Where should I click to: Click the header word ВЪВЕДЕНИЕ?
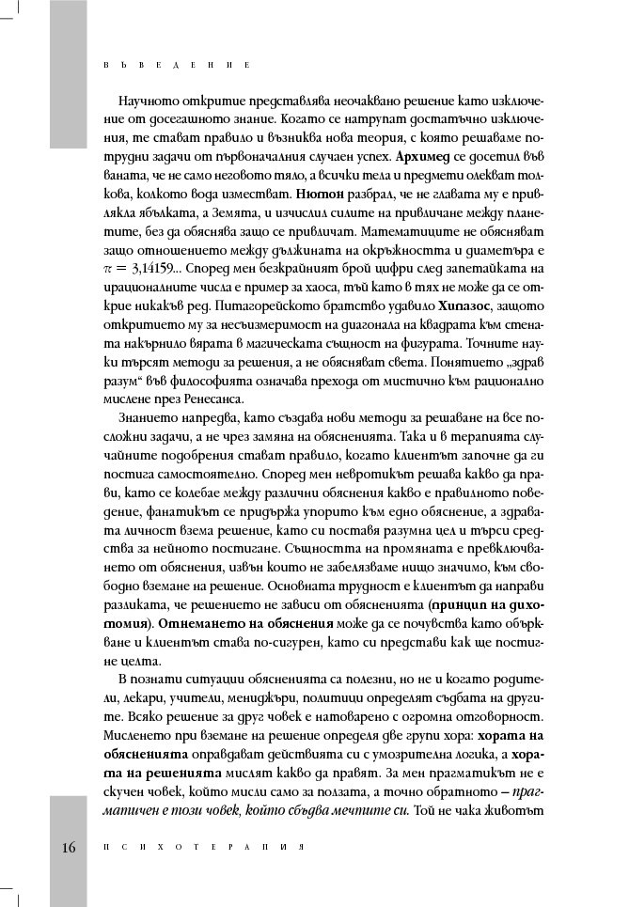point(175,67)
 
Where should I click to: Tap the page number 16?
point(69,847)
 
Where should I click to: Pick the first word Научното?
point(148,101)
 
